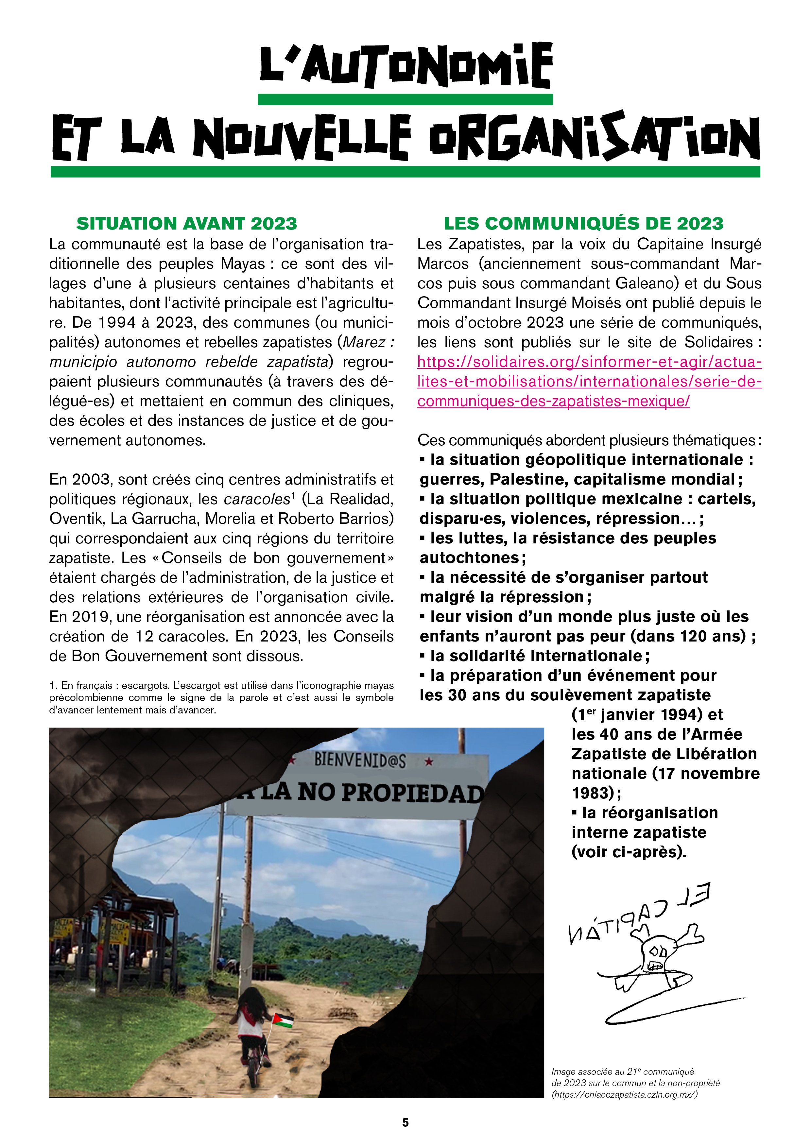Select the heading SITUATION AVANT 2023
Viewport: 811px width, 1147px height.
tap(186, 223)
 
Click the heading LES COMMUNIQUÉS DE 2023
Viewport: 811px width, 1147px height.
tap(583, 223)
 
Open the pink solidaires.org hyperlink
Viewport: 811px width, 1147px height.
tap(589, 381)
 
